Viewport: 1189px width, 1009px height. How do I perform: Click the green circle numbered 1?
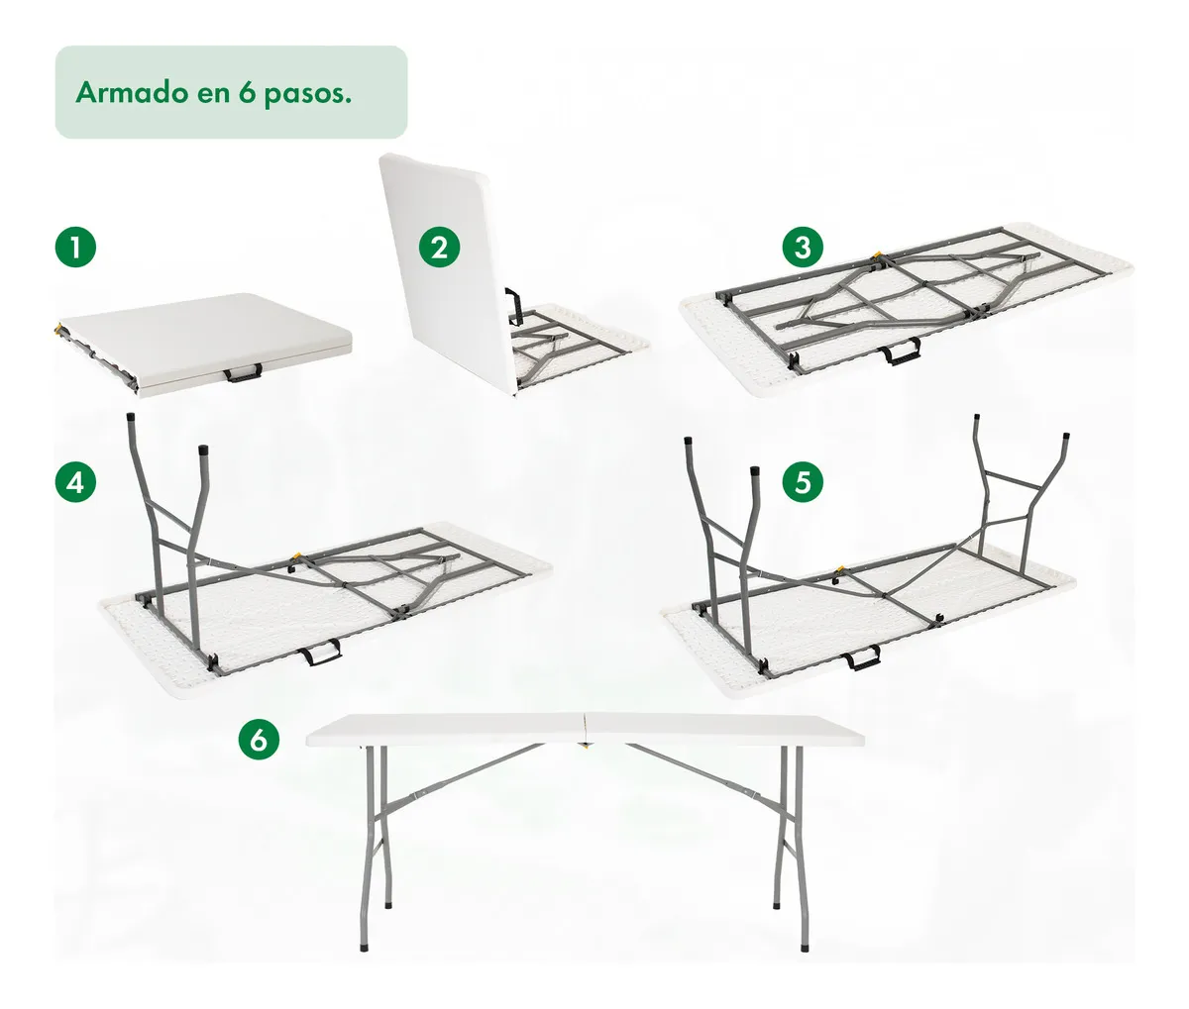click(75, 248)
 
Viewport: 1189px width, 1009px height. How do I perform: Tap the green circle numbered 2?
click(439, 248)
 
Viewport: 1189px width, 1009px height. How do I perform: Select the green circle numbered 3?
click(803, 248)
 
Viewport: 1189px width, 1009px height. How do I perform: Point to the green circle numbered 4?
click(75, 483)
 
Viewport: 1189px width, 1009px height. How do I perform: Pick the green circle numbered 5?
click(803, 482)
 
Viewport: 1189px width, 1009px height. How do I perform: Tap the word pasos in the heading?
click(308, 95)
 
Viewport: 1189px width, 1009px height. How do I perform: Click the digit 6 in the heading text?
click(247, 92)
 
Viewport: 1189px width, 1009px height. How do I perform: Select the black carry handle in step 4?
click(320, 653)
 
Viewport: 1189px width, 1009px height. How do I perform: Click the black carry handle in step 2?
click(511, 307)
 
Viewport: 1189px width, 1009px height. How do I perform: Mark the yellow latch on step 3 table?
click(877, 255)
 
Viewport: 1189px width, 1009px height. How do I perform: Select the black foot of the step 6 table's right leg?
click(805, 946)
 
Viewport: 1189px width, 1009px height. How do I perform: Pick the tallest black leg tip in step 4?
click(131, 418)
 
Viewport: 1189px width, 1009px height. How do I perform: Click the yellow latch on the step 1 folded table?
click(58, 330)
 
